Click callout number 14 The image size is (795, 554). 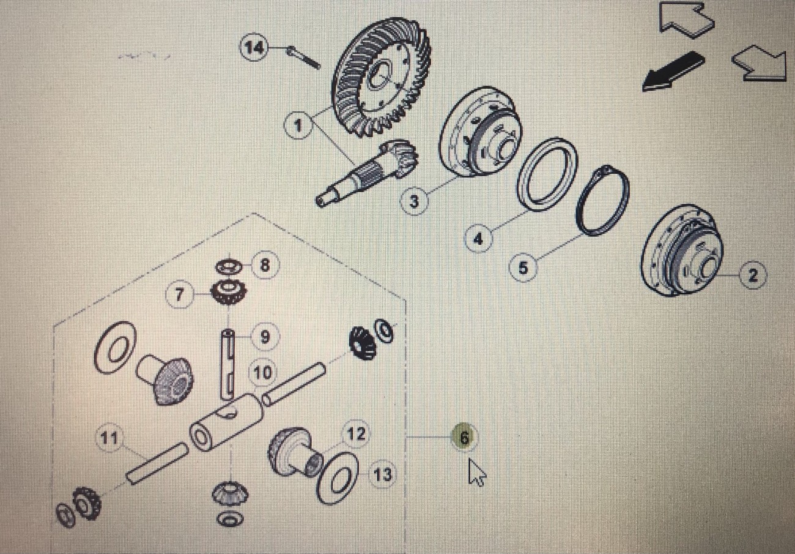254,48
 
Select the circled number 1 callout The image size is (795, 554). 298,125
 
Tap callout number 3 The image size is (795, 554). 414,201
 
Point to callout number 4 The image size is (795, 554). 478,239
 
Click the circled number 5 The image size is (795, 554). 523,268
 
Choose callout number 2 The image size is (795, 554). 753,275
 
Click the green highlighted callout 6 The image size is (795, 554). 464,438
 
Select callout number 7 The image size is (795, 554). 180,294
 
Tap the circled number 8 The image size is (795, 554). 265,265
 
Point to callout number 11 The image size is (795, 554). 109,438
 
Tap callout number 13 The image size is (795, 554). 382,475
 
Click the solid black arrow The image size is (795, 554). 673,72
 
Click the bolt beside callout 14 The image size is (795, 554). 303,58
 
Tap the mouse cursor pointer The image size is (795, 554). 476,471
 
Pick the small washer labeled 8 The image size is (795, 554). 229,266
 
